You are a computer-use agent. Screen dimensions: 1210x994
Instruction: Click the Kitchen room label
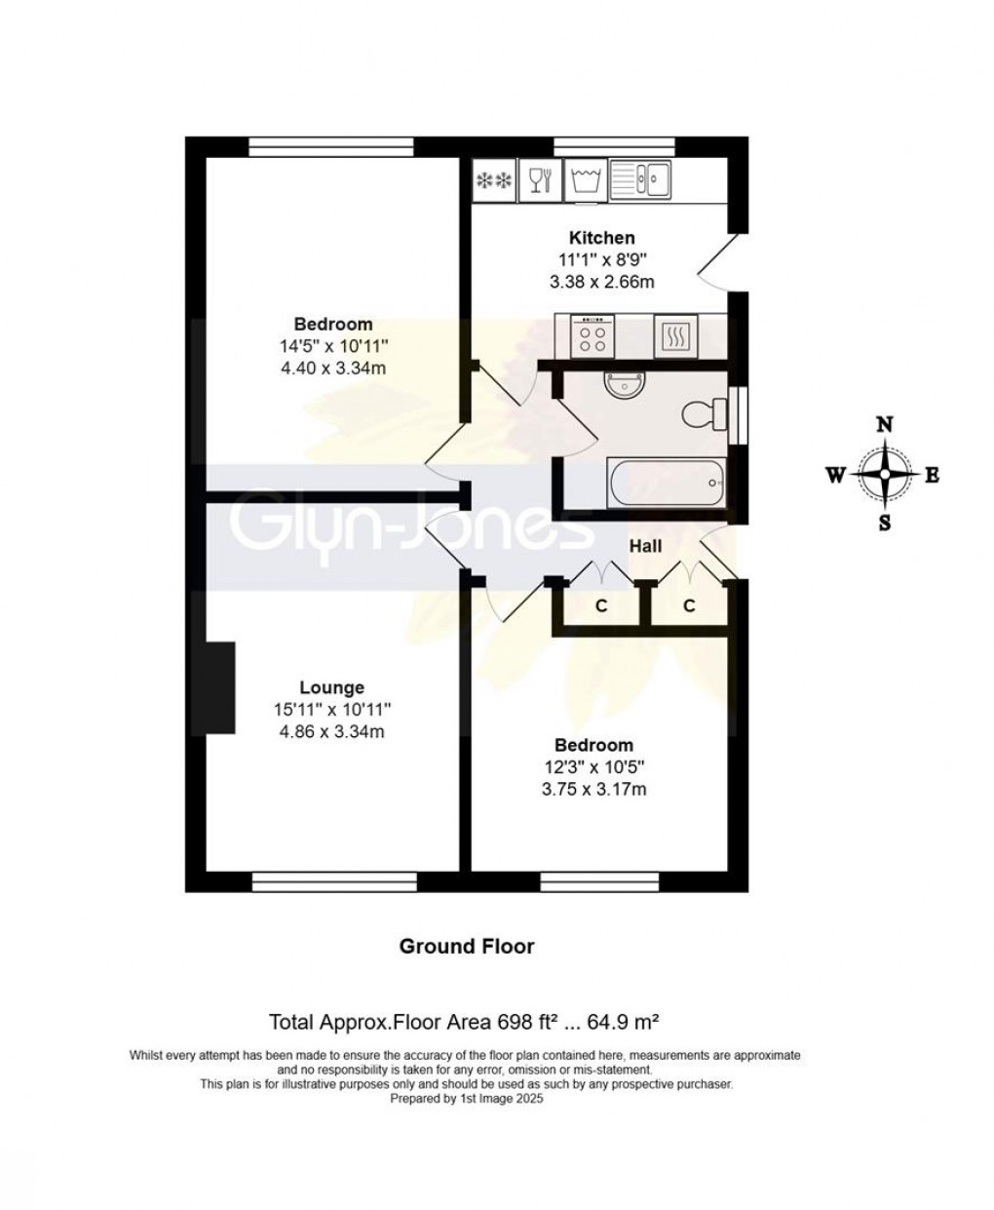click(601, 238)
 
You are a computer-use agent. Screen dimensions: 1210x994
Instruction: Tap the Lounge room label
click(331, 688)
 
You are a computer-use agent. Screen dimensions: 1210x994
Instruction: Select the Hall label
click(645, 547)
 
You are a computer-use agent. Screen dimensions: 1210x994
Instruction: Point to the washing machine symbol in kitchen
click(585, 179)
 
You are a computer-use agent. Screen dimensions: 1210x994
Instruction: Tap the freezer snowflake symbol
click(493, 180)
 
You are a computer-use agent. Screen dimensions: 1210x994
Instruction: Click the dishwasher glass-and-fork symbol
click(539, 179)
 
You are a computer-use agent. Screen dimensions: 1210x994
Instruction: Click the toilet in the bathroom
click(704, 415)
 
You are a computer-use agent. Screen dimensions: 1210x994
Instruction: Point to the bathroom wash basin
click(618, 387)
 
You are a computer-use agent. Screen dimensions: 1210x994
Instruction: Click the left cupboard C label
click(601, 606)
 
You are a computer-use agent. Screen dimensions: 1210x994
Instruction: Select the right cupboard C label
click(689, 606)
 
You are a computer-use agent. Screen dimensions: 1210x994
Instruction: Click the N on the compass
click(885, 425)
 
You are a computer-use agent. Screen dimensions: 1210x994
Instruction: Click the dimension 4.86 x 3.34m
click(331, 732)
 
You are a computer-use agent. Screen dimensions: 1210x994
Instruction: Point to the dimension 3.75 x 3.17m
click(593, 790)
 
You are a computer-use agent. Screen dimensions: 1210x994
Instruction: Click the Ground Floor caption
click(467, 946)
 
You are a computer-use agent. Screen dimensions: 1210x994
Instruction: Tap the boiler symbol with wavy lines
click(674, 336)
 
